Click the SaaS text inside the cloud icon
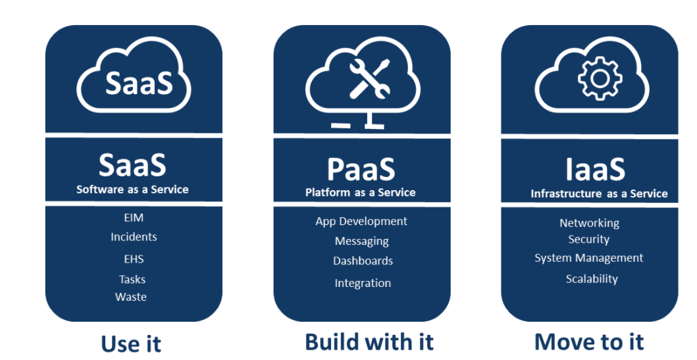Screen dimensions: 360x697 click(x=139, y=83)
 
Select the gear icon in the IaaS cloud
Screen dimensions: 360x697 click(x=599, y=78)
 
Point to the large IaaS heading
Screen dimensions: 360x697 click(x=595, y=169)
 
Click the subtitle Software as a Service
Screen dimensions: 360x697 click(x=132, y=190)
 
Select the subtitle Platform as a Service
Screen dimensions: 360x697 click(x=361, y=193)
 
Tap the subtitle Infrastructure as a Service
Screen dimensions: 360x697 click(x=599, y=194)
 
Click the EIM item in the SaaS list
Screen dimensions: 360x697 click(x=134, y=218)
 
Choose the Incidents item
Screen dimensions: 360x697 click(x=134, y=237)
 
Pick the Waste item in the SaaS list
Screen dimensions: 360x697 click(x=131, y=297)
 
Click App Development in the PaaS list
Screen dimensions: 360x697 click(x=361, y=221)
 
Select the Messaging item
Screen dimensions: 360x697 click(x=362, y=242)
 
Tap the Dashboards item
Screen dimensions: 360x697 click(x=363, y=261)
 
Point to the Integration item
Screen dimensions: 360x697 click(x=363, y=283)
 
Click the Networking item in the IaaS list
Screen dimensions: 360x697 click(x=589, y=223)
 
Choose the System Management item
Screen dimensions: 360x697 click(x=589, y=258)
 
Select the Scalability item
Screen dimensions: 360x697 click(x=592, y=279)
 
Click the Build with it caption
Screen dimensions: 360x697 click(x=369, y=342)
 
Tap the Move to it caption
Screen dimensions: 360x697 click(x=589, y=342)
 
